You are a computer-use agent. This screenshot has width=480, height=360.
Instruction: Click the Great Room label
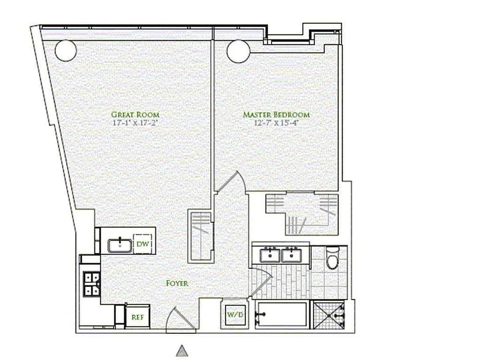pyautogui.click(x=135, y=115)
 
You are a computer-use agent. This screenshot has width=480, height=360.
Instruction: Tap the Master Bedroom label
pyautogui.click(x=276, y=115)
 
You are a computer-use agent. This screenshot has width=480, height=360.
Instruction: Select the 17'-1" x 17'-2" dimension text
pyautogui.click(x=135, y=122)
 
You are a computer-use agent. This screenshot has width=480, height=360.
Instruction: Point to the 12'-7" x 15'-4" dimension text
pyautogui.click(x=276, y=122)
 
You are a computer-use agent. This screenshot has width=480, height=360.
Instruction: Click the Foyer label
pyautogui.click(x=177, y=283)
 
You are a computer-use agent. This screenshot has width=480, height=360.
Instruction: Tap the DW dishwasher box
pyautogui.click(x=143, y=244)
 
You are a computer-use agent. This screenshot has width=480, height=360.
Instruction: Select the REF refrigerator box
pyautogui.click(x=137, y=317)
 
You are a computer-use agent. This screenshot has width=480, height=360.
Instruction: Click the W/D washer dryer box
pyautogui.click(x=234, y=314)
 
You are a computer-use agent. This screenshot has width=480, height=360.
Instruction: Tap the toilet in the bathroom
pyautogui.click(x=332, y=259)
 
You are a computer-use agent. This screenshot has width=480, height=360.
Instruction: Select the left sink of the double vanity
pyautogui.click(x=271, y=255)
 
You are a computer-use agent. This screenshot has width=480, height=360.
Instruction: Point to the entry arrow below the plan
pyautogui.click(x=181, y=351)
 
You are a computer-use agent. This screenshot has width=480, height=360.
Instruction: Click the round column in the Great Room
pyautogui.click(x=66, y=50)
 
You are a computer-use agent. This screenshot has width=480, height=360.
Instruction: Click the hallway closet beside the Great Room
pyautogui.click(x=200, y=235)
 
